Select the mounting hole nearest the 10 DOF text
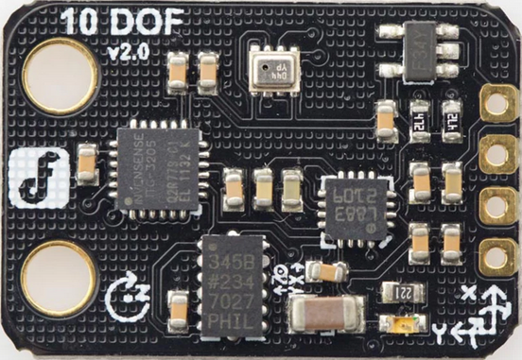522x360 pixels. click(x=61, y=76)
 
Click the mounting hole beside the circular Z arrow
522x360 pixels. click(x=59, y=279)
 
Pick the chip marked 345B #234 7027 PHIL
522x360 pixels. click(x=238, y=284)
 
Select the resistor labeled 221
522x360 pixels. click(x=406, y=294)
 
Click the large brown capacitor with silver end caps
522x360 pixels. click(x=327, y=314)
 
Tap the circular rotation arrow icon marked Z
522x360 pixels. click(x=124, y=295)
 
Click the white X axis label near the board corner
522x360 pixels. click(x=470, y=297)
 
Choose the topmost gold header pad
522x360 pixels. click(x=495, y=104)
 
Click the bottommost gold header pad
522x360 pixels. click(x=495, y=255)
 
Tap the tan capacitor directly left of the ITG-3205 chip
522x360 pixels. click(x=87, y=164)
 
